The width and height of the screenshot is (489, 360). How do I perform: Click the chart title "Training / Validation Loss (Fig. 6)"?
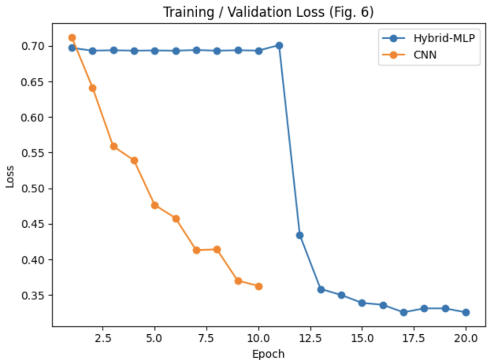click(x=268, y=12)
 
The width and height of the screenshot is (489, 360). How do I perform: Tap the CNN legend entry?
click(x=425, y=55)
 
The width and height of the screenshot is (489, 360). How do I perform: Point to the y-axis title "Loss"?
click(x=10, y=177)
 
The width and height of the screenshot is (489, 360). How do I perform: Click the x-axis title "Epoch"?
click(x=268, y=353)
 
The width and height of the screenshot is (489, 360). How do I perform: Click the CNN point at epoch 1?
click(x=72, y=37)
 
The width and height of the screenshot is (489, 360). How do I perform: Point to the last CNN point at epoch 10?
click(x=259, y=286)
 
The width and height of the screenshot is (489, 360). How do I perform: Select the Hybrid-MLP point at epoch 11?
click(x=279, y=45)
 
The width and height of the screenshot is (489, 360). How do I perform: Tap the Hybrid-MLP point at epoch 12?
click(x=300, y=235)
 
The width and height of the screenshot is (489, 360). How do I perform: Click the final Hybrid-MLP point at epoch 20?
click(x=466, y=312)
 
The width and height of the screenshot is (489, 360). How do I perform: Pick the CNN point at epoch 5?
click(x=155, y=205)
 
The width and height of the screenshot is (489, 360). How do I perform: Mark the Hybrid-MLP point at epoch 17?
click(x=404, y=312)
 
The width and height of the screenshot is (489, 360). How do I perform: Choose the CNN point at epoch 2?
click(x=93, y=88)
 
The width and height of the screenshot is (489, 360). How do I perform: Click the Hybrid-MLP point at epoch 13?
click(x=321, y=289)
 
